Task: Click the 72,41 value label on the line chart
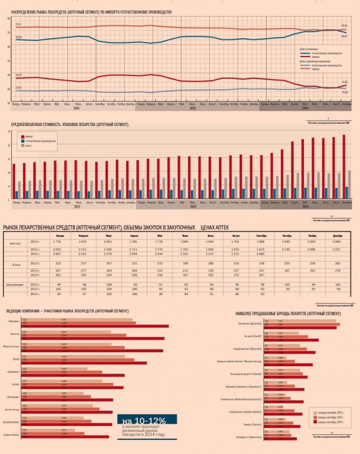18,25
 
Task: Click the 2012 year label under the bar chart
77,206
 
